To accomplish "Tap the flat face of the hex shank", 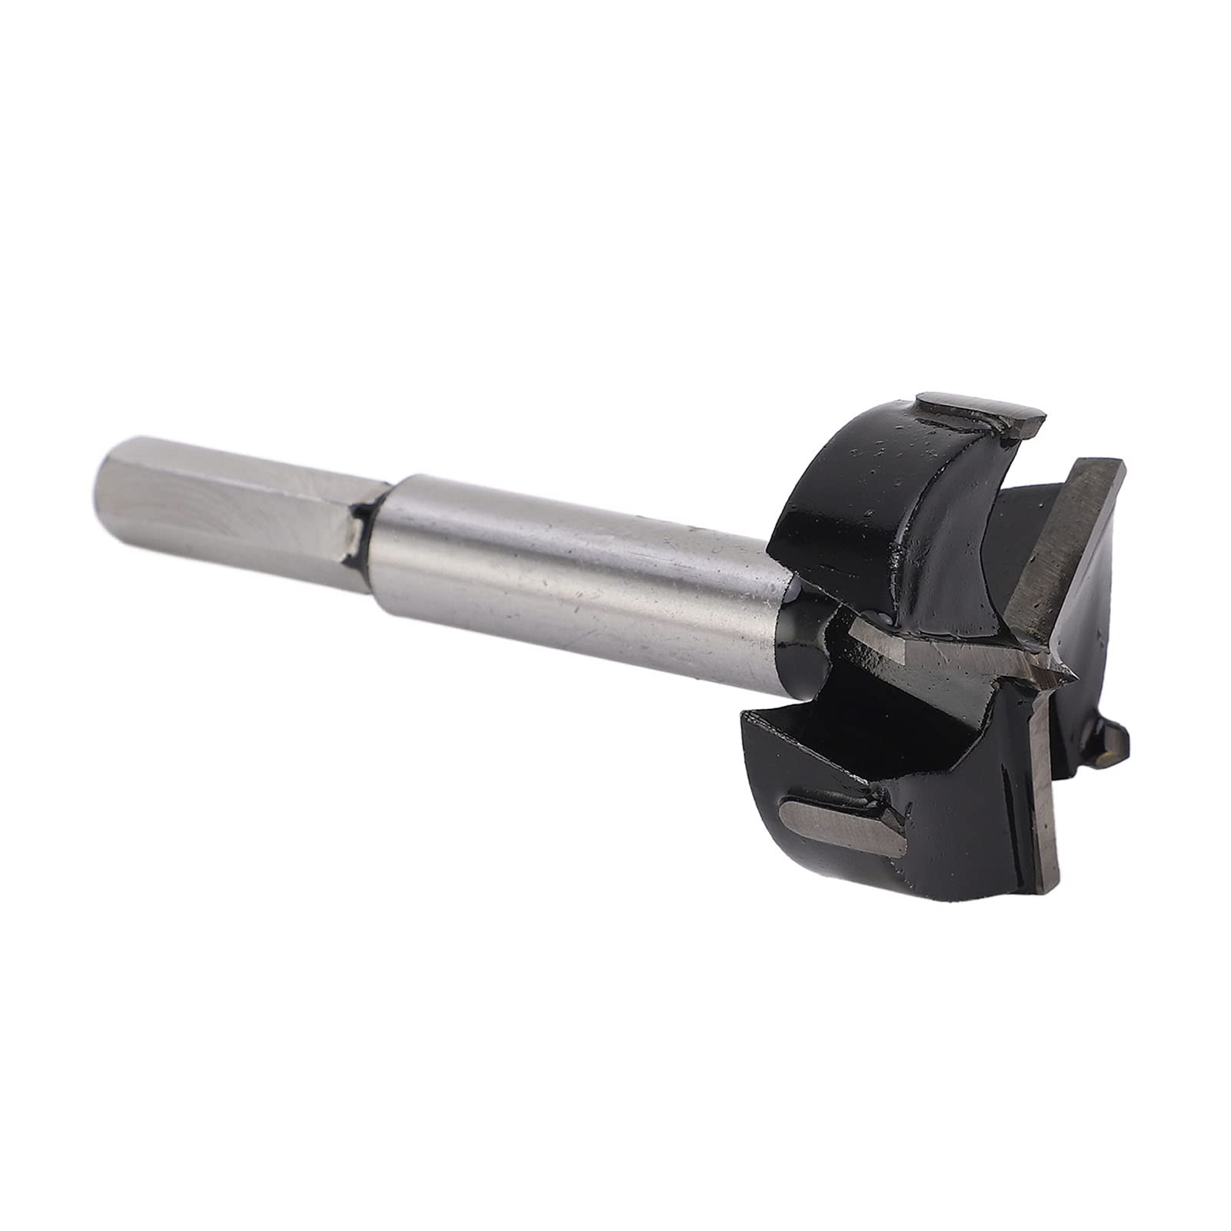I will [x=231, y=500].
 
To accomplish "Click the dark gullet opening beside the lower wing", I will [x=815, y=738].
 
